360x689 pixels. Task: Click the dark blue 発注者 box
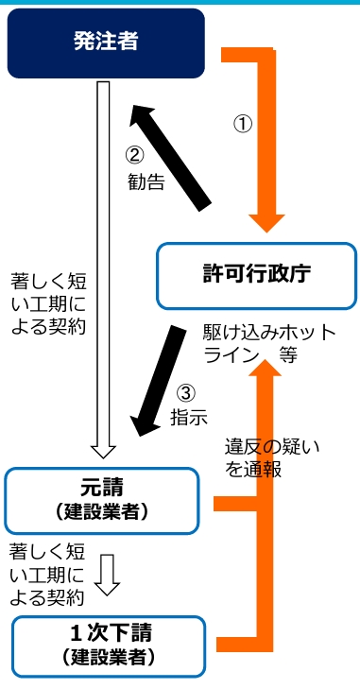tap(106, 43)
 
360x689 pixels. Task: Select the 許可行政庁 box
tap(256, 275)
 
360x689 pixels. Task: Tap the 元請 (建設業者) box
tap(102, 499)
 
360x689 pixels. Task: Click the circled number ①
tap(243, 123)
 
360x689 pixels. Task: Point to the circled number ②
tap(137, 155)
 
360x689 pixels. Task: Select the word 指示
tap(188, 417)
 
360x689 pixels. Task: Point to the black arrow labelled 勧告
tap(172, 153)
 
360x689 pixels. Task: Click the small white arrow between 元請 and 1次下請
tap(109, 574)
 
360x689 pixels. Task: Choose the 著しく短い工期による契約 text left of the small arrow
tap(47, 573)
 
